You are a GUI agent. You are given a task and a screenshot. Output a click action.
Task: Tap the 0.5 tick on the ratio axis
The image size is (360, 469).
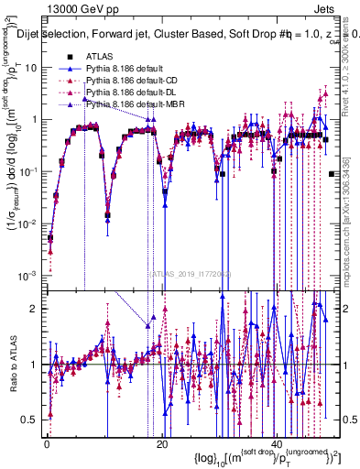(33, 420)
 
